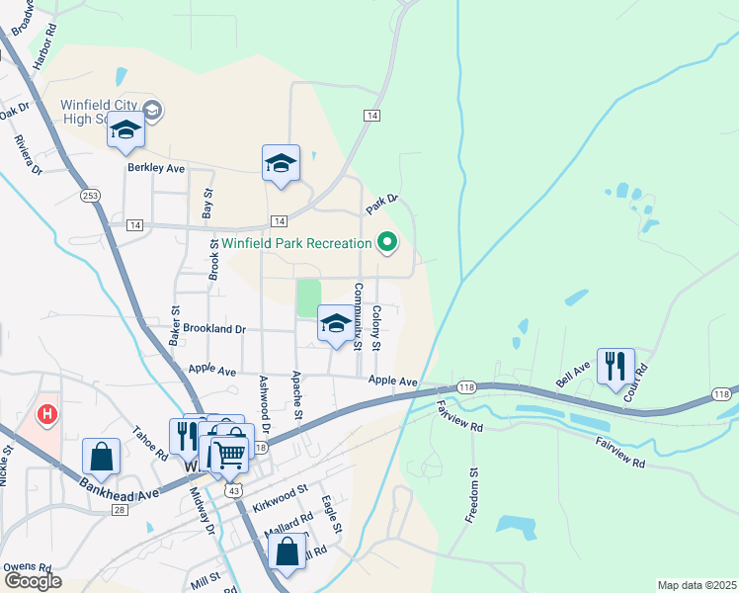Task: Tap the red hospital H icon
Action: [x=45, y=413]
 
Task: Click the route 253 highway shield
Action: [x=91, y=195]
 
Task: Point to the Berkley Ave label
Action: [x=156, y=168]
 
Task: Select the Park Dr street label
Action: [x=380, y=204]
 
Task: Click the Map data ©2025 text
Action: [x=696, y=585]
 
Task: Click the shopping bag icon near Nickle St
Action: [x=101, y=456]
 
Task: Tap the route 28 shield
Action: [x=120, y=509]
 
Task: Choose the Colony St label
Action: [x=376, y=329]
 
